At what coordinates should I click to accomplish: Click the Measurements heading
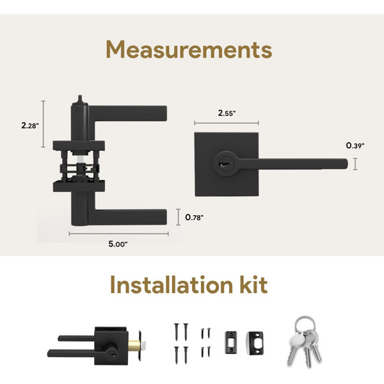pyautogui.click(x=189, y=49)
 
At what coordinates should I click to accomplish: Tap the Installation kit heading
pyautogui.click(x=189, y=285)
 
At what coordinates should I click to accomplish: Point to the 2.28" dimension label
pyautogui.click(x=30, y=125)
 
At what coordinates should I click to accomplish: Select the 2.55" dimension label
pyautogui.click(x=227, y=113)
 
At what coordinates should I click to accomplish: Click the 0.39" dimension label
pyautogui.click(x=355, y=145)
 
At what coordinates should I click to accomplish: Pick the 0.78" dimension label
pyautogui.click(x=194, y=217)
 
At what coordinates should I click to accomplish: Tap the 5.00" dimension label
pyautogui.click(x=118, y=244)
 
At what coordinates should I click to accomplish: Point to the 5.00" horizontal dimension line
pyautogui.click(x=119, y=234)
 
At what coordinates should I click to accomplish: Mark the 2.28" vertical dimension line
pyautogui.click(x=44, y=124)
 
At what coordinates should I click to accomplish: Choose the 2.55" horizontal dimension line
pyautogui.click(x=227, y=123)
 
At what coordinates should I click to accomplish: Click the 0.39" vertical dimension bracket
pyautogui.click(x=355, y=164)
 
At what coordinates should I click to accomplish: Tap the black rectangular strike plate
pyautogui.click(x=230, y=342)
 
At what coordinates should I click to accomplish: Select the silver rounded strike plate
pyautogui.click(x=255, y=342)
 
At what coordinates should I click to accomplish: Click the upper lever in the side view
pyautogui.click(x=127, y=113)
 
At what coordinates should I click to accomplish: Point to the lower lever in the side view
pyautogui.click(x=127, y=217)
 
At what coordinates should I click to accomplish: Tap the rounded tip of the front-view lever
pyautogui.click(x=346, y=164)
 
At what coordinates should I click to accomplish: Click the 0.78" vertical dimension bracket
pyautogui.click(x=179, y=217)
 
